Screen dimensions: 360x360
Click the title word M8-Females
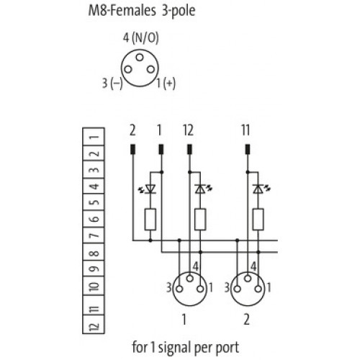point(122,11)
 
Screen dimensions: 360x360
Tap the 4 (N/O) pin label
point(141,38)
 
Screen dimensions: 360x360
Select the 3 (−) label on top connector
point(112,84)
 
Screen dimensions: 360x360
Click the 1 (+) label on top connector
point(166,84)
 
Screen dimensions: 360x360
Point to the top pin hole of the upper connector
point(140,58)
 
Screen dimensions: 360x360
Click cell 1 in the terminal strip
point(94,137)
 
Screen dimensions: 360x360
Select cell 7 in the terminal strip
point(94,235)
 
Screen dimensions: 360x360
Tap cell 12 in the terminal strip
point(94,325)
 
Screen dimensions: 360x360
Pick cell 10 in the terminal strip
point(94,286)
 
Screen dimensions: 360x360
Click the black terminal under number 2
point(132,149)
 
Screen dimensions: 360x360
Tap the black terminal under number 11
point(248,149)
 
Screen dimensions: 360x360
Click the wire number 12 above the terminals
point(188,130)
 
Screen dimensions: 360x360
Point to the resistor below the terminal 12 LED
point(200,220)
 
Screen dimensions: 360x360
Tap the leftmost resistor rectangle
point(150,220)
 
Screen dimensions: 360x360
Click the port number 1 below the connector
point(184,320)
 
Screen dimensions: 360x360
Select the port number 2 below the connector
point(247,320)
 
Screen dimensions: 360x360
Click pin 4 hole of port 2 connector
point(248,279)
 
